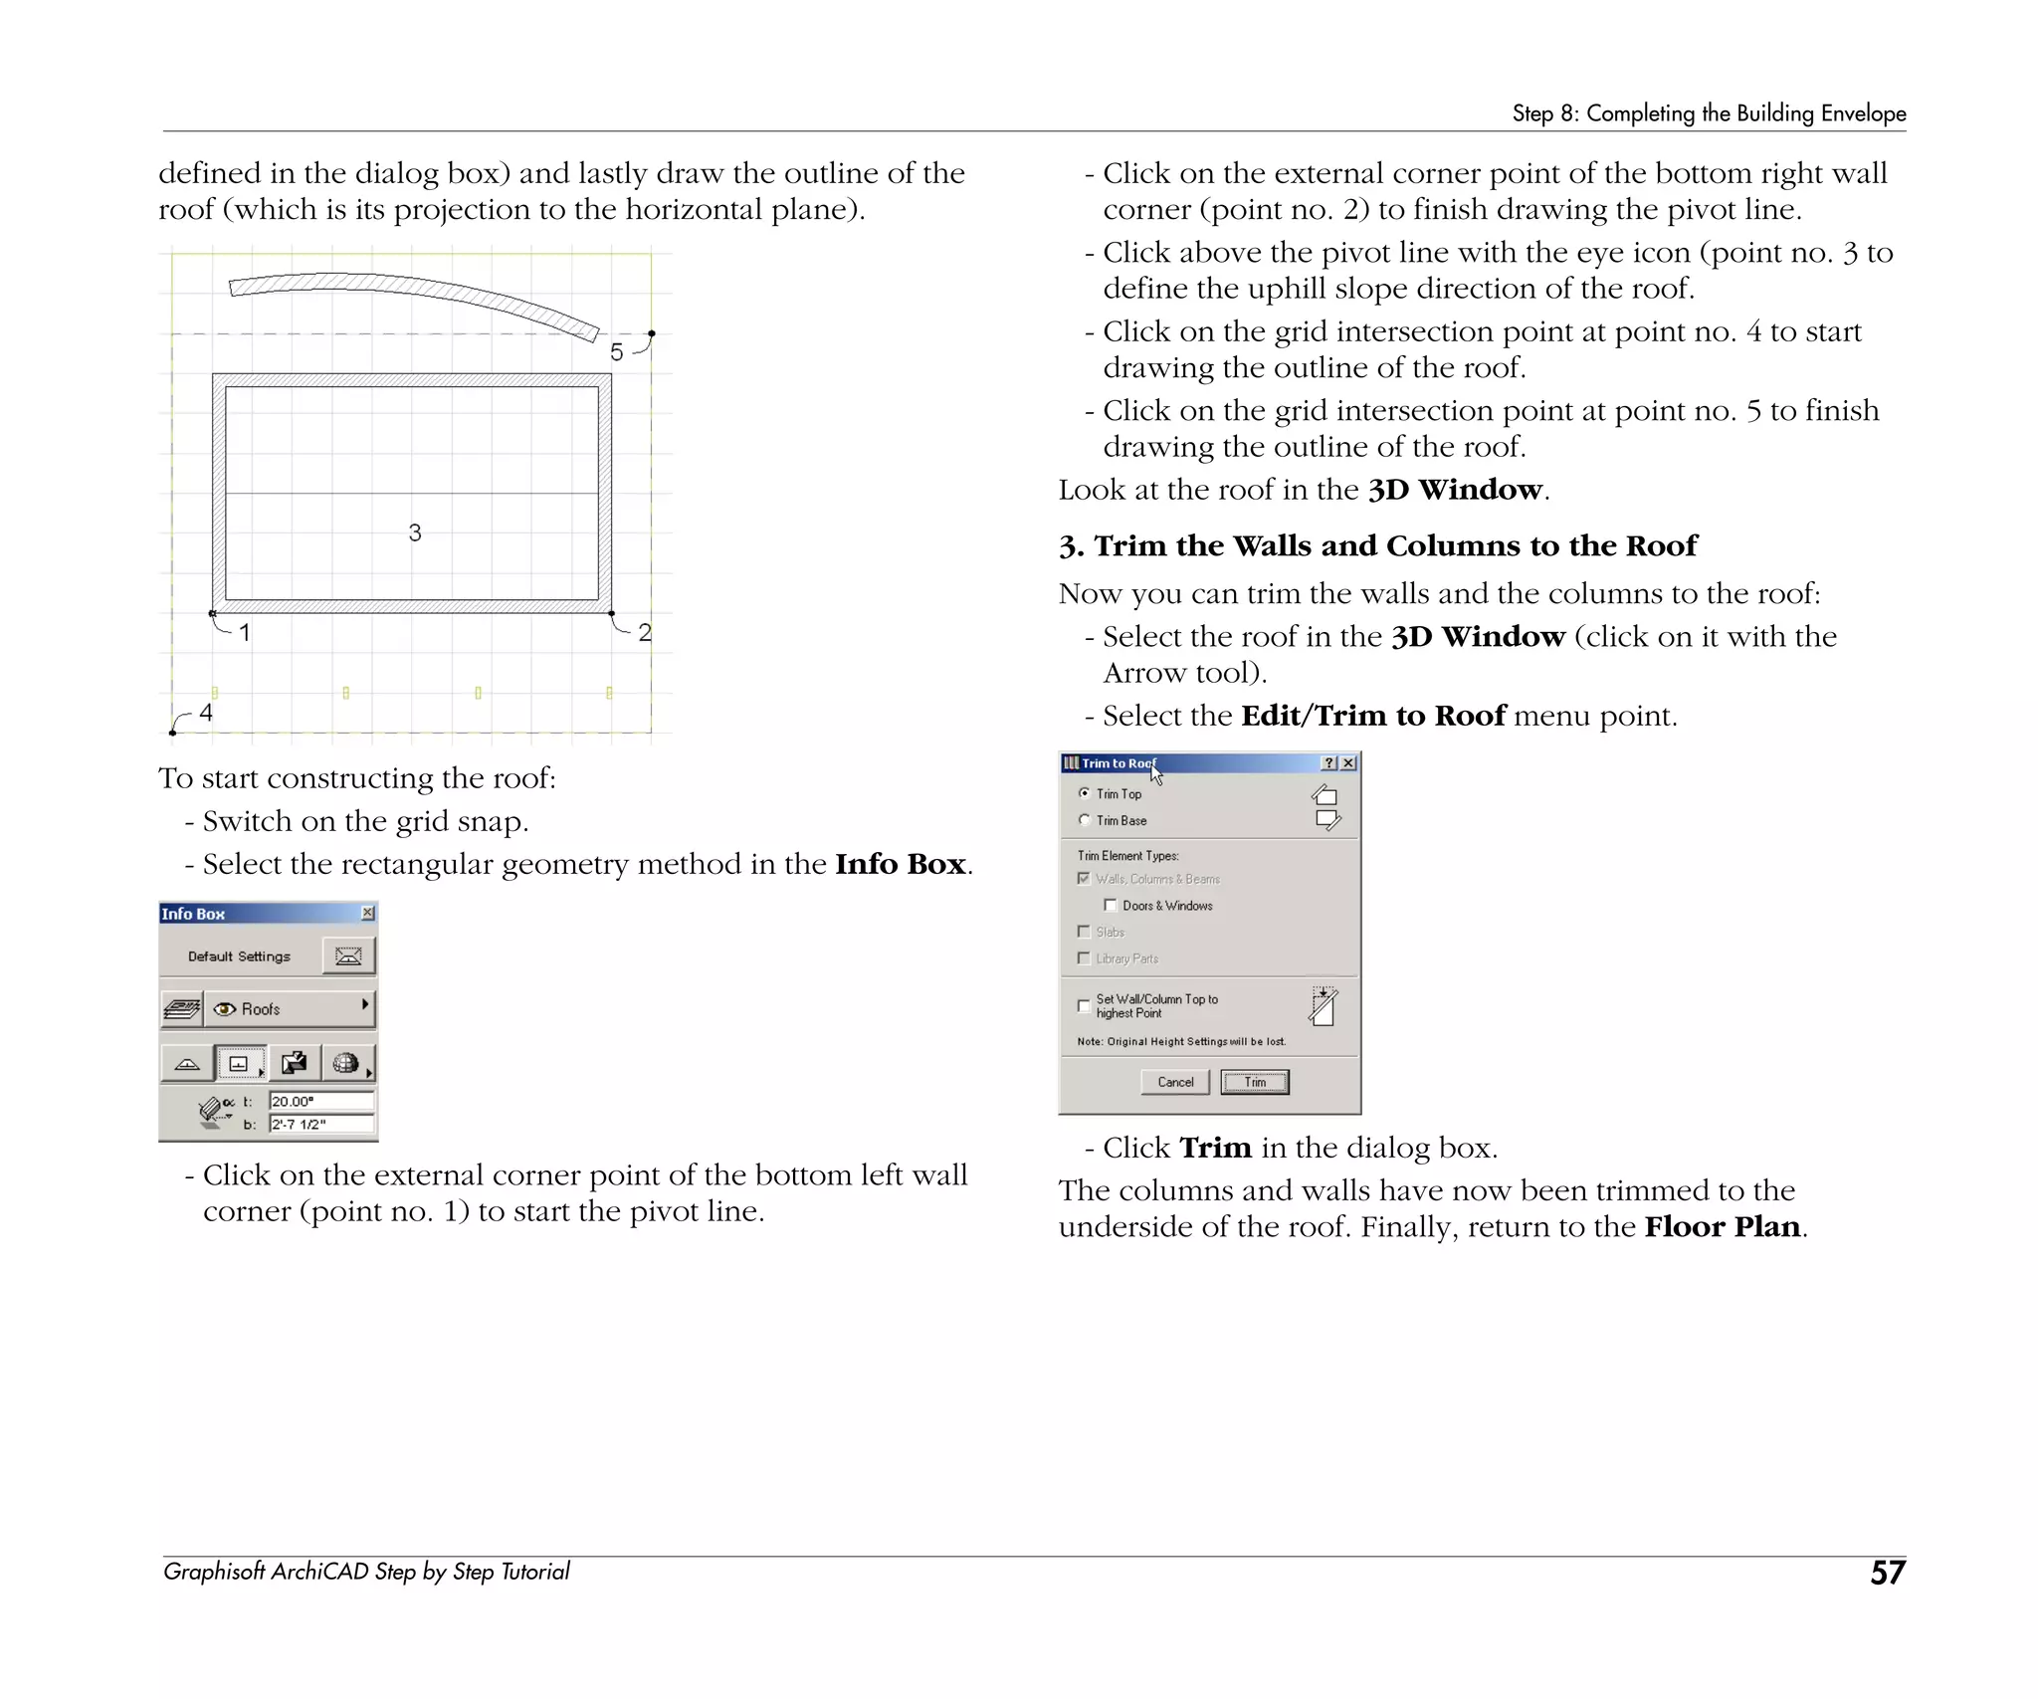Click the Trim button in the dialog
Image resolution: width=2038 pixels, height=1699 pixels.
tap(1254, 1082)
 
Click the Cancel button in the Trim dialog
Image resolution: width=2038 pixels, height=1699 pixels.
tap(1174, 1082)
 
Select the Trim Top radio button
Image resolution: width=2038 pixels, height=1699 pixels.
tap(1084, 793)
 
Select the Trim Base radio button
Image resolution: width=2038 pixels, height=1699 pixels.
tap(1084, 820)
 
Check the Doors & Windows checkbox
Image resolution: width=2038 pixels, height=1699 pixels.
tap(1111, 905)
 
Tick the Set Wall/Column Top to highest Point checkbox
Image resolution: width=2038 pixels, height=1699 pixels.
tap(1084, 1005)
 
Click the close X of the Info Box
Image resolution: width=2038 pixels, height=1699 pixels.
tap(367, 913)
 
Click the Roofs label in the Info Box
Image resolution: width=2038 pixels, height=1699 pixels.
tap(261, 1009)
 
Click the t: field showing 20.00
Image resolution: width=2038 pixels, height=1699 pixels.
tap(320, 1101)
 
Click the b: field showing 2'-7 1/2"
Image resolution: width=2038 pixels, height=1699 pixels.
tap(320, 1124)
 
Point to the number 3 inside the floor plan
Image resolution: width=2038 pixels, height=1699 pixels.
tap(415, 533)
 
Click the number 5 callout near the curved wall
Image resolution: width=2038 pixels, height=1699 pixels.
tap(617, 352)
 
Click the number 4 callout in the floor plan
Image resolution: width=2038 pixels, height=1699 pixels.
tap(206, 713)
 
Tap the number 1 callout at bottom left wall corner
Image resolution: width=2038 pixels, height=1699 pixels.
tap(245, 632)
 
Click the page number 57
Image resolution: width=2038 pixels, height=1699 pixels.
tap(1887, 1573)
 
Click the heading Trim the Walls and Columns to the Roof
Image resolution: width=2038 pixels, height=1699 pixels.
tap(1393, 545)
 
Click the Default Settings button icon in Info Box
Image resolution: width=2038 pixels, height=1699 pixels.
tap(348, 956)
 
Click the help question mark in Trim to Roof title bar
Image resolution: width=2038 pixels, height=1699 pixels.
tap(1328, 763)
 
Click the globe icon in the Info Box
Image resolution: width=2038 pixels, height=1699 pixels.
tap(345, 1063)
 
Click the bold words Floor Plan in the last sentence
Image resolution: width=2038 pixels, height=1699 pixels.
tap(1722, 1226)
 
